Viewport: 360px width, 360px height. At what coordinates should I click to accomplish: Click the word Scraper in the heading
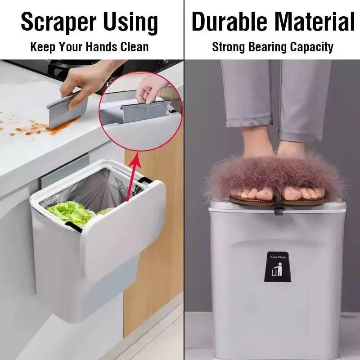tap(58, 22)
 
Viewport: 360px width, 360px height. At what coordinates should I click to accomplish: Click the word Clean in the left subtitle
tap(134, 47)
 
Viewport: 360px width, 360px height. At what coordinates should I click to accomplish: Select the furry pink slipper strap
tap(274, 178)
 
